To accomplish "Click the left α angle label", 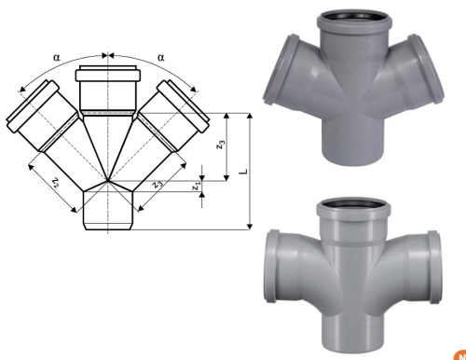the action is (57, 58).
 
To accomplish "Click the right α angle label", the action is (161, 58).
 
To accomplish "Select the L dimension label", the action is (244, 172).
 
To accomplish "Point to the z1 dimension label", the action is (196, 187).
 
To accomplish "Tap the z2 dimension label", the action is (55, 183).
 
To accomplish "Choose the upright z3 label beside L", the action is (220, 145).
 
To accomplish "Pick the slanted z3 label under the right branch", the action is (158, 184).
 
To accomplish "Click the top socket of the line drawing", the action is (108, 89).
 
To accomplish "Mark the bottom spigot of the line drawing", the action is (108, 211).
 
